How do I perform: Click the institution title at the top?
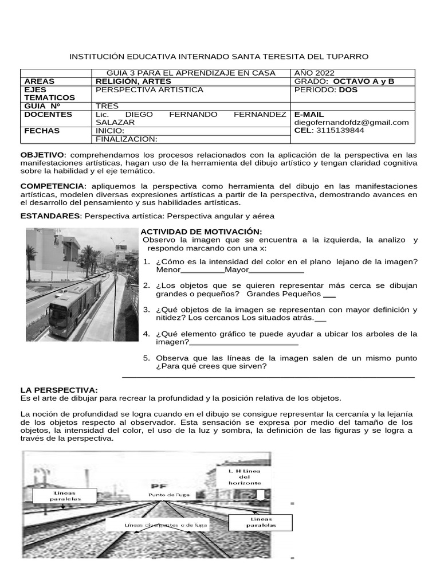pos(219,56)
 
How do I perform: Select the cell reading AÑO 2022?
pos(313,73)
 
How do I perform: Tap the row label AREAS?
pos(40,81)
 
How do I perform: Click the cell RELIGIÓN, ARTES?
pos(133,81)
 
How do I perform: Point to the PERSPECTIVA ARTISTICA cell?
pos(149,90)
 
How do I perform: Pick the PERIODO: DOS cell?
pos(325,90)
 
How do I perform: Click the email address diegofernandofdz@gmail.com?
pos(351,122)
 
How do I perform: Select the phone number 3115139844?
pos(343,130)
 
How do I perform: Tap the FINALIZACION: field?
pos(126,139)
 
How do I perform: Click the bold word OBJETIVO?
pos(43,155)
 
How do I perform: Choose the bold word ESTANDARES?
pos(51,216)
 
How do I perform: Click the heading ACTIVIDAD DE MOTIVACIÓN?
pos(197,231)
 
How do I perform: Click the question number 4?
pos(146,334)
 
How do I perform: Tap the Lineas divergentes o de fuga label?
pos(167,525)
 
